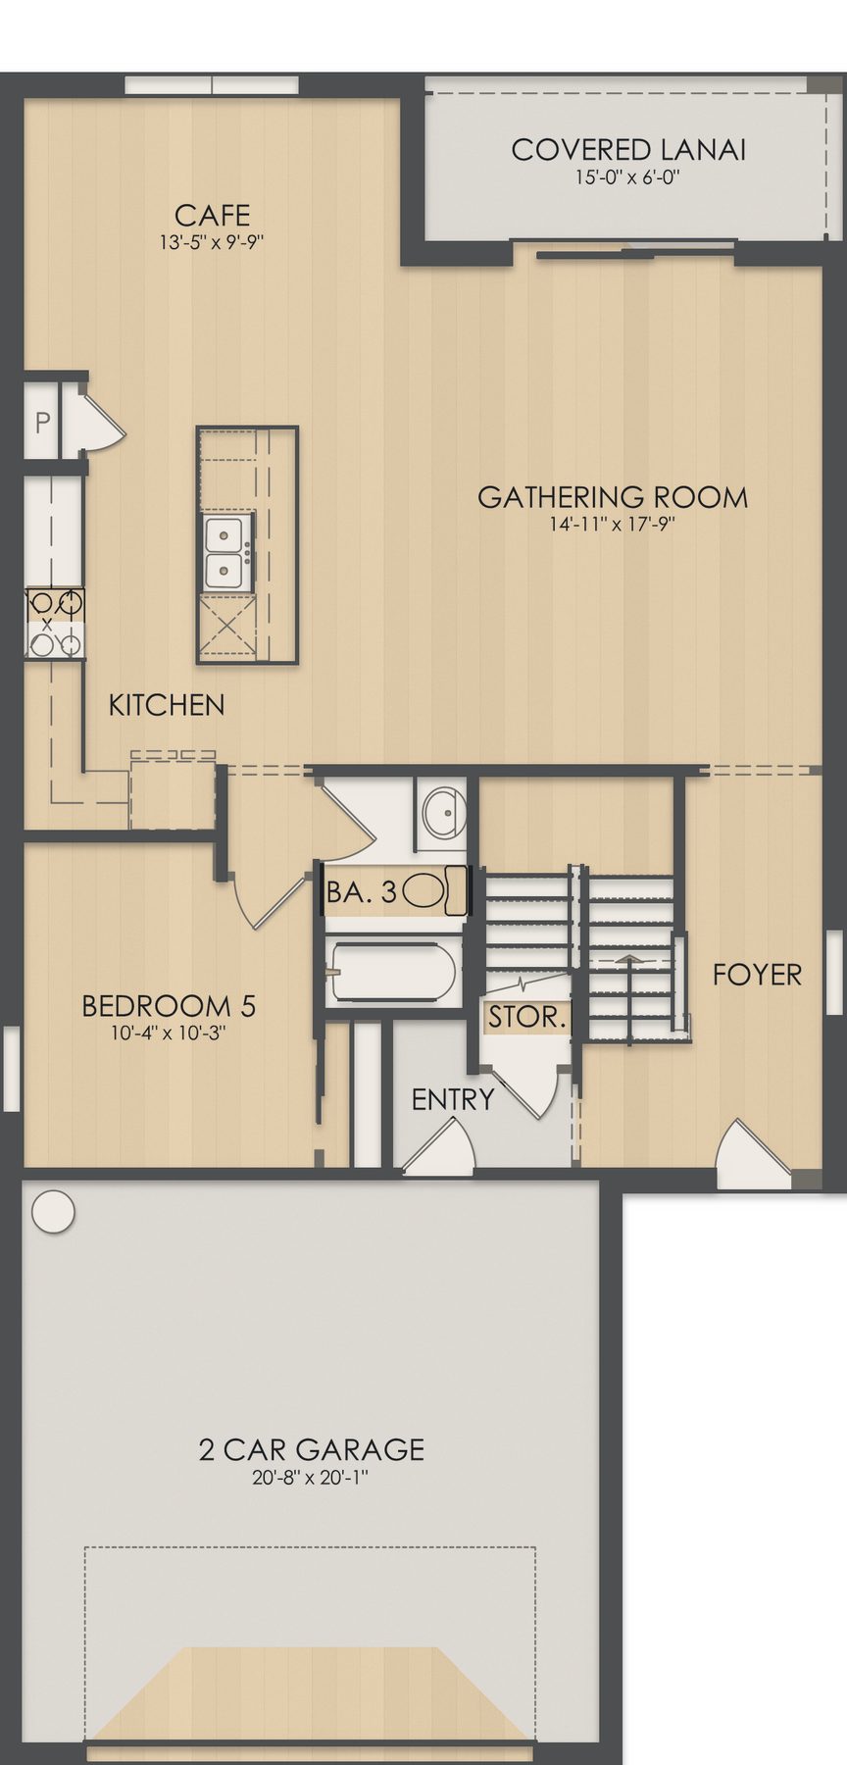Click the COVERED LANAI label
[628, 150]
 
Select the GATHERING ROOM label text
[613, 497]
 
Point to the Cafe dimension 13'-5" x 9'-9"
[212, 242]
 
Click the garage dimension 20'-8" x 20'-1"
[311, 1477]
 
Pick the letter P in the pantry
[42, 424]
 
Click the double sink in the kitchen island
[226, 552]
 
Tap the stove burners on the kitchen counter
[55, 623]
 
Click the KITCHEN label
[166, 705]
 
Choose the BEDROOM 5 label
[169, 1006]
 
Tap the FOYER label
[757, 975]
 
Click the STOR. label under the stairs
[527, 1017]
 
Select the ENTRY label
[453, 1100]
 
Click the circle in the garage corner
[53, 1211]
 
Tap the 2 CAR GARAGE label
[312, 1449]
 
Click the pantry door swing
[100, 423]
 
